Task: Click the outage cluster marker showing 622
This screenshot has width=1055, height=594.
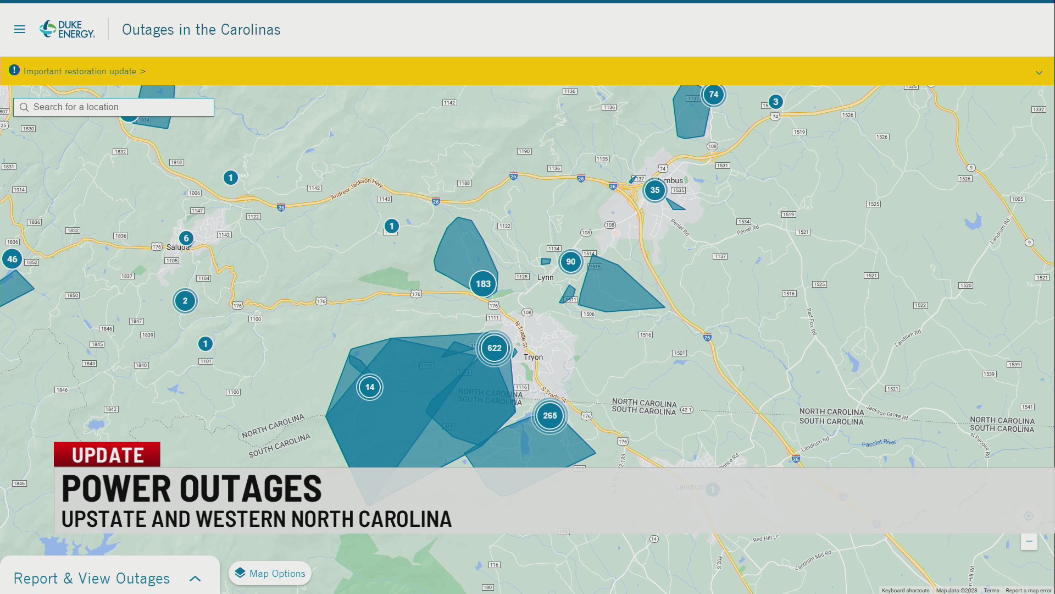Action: tap(495, 348)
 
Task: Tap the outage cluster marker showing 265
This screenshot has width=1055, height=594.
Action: tap(550, 416)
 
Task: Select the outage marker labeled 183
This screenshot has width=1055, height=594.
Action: tap(483, 284)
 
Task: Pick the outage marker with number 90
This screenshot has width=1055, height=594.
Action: tap(571, 262)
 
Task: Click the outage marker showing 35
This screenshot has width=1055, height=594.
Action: tap(654, 190)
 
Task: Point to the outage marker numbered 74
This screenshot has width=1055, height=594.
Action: tap(713, 95)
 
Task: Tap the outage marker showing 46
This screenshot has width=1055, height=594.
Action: tap(12, 259)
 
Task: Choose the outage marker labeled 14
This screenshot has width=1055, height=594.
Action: tap(370, 387)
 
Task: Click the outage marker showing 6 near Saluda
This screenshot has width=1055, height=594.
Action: tap(186, 238)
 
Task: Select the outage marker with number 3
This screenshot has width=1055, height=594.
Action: tap(775, 102)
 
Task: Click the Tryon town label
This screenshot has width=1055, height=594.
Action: tap(533, 358)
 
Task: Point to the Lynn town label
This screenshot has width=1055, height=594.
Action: tap(545, 278)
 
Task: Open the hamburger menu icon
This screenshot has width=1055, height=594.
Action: tap(20, 29)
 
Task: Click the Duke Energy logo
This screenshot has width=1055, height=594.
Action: tap(67, 29)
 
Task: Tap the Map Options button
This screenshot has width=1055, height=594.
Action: tap(270, 574)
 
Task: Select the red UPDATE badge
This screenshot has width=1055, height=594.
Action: tap(107, 455)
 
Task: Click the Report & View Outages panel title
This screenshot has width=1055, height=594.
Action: tap(92, 579)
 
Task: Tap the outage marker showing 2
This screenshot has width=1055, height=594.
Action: tap(185, 301)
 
